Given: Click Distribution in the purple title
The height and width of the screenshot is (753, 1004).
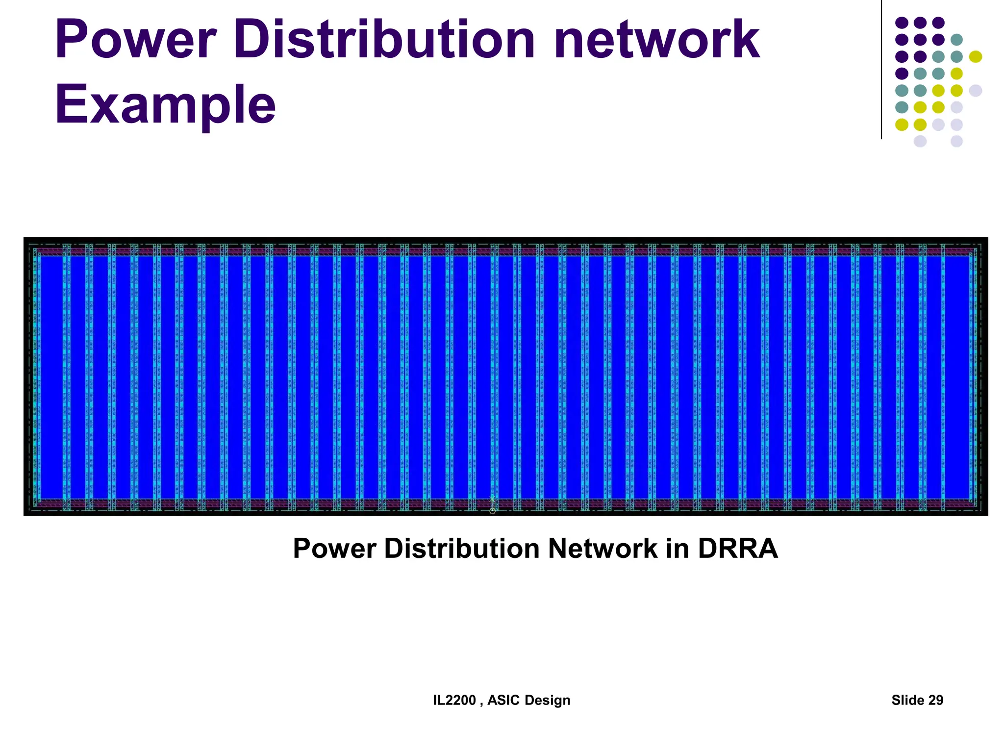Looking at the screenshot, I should tap(384, 39).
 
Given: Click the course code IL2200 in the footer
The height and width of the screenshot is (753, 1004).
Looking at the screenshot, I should tap(454, 700).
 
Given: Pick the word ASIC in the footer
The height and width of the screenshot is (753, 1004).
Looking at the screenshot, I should tap(503, 700).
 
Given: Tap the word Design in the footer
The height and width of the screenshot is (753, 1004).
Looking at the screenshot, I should tap(548, 700).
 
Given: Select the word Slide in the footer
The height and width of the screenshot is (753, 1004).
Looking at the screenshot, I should tap(908, 700).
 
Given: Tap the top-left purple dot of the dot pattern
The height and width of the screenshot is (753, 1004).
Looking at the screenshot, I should tap(902, 23).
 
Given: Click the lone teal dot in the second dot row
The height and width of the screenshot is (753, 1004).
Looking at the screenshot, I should tap(956, 40).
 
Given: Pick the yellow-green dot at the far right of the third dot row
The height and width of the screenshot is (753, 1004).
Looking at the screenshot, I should tap(976, 57).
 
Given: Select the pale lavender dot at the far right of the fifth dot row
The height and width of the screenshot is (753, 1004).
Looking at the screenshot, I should tap(976, 91).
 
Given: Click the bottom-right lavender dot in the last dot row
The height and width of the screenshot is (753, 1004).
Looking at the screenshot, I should tap(956, 142).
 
